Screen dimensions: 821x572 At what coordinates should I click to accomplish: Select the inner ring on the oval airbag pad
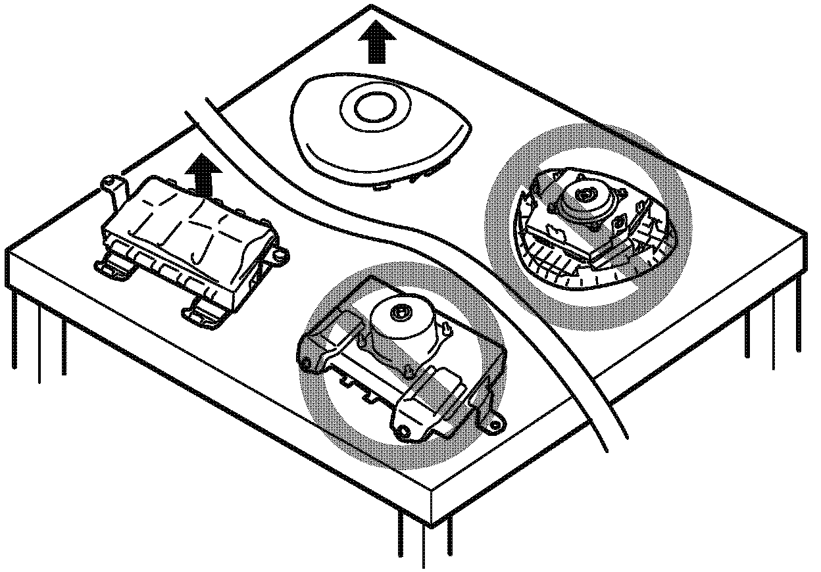pyautogui.click(x=373, y=103)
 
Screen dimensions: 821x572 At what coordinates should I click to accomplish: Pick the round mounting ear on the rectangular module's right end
pyautogui.click(x=281, y=252)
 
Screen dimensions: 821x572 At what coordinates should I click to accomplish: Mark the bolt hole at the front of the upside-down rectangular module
pyautogui.click(x=403, y=431)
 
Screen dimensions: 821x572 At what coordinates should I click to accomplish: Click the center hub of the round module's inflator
pyautogui.click(x=584, y=194)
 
